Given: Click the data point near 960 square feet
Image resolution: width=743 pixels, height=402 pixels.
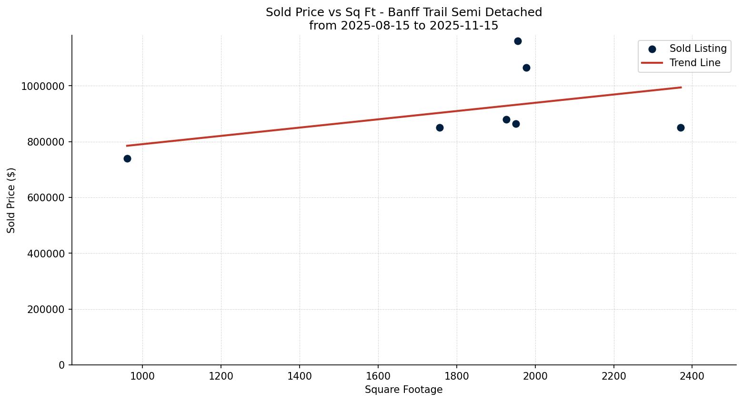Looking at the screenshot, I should [127, 158].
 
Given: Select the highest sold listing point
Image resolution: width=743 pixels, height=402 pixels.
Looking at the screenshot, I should [518, 41].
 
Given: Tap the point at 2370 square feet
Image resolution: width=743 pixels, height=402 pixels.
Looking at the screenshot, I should [681, 127].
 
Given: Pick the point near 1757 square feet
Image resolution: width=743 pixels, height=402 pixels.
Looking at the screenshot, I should [440, 127].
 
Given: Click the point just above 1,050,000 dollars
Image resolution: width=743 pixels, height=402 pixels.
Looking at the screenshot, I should [526, 68].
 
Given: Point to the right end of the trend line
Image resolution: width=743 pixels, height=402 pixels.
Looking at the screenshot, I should [681, 87].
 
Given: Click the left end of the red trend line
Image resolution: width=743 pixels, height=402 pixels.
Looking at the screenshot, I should [127, 146].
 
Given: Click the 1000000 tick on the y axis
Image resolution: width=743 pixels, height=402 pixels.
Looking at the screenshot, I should [43, 86].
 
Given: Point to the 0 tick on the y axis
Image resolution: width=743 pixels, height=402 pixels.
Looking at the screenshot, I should [62, 365].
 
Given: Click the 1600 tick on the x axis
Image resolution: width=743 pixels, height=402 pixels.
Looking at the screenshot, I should [378, 376].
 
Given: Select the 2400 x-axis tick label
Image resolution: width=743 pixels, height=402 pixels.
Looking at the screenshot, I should [692, 376].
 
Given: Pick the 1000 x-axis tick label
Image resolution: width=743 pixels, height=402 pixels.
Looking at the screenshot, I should [142, 376].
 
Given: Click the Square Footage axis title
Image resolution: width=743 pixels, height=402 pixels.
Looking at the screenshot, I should [403, 390].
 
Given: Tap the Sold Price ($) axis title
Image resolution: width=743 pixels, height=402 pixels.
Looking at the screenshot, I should [11, 200].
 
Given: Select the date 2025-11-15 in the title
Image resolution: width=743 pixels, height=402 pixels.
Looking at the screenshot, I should [464, 26].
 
